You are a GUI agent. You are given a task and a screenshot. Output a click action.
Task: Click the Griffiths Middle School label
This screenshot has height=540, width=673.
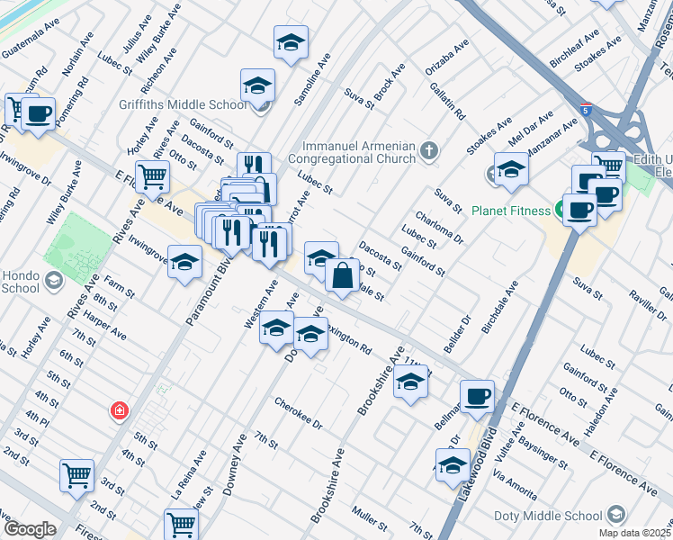pyautogui.click(x=183, y=104)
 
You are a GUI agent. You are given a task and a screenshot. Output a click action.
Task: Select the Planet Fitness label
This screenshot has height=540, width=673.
pyautogui.click(x=510, y=211)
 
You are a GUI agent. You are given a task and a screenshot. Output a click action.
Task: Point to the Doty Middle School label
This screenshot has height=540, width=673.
pyautogui.click(x=547, y=516)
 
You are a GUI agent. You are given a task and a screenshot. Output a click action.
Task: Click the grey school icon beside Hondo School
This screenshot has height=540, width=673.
pyautogui.click(x=54, y=281)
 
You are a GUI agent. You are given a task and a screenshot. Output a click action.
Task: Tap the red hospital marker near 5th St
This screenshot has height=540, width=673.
pyautogui.click(x=118, y=411)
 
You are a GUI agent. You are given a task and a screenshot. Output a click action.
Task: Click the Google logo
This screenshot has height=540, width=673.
pyautogui.click(x=29, y=529)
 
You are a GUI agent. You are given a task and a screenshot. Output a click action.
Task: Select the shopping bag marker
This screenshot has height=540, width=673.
pyautogui.click(x=343, y=275)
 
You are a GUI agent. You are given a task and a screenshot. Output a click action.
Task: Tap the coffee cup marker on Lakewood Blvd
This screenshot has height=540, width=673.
pyautogui.click(x=477, y=395)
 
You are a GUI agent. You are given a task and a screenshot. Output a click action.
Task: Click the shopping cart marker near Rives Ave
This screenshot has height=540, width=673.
pyautogui.click(x=152, y=176)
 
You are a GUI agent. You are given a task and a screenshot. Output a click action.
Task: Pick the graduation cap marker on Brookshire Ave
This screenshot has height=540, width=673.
pyautogui.click(x=410, y=382)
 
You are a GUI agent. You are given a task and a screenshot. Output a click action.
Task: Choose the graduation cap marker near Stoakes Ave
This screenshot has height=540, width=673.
pyautogui.click(x=510, y=170)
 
